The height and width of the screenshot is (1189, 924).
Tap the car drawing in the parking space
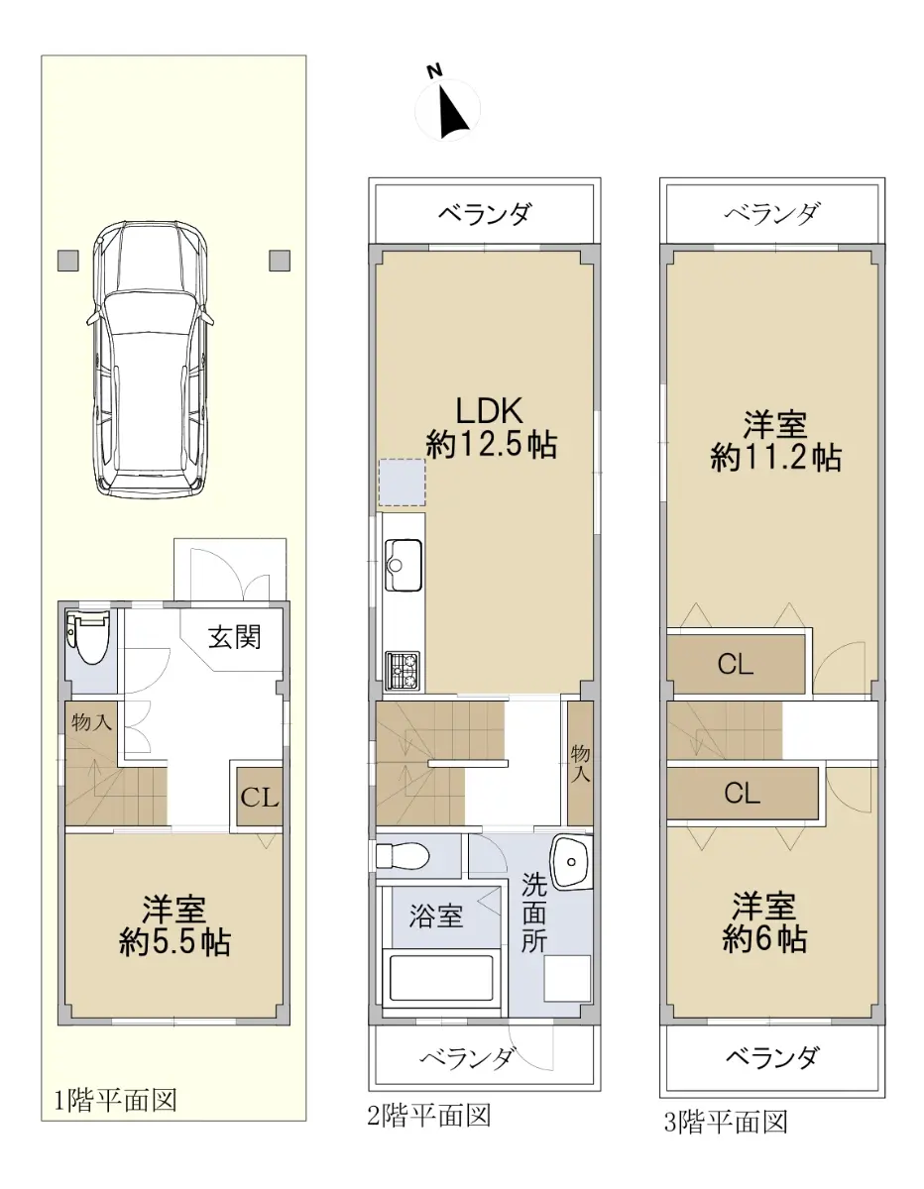[x=151, y=359]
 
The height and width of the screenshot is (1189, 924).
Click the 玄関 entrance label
[x=234, y=636]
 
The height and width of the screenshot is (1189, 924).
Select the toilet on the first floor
[x=87, y=637]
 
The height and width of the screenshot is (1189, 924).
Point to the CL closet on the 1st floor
[x=260, y=798]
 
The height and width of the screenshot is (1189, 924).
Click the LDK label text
[x=490, y=410]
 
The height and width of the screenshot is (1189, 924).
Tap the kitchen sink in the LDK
[x=404, y=565]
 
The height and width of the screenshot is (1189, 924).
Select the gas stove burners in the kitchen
[x=403, y=670]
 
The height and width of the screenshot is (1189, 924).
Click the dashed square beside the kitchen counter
[x=403, y=483]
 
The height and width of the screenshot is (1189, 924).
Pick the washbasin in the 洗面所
[x=571, y=862]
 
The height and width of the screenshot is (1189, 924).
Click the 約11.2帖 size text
[x=775, y=458]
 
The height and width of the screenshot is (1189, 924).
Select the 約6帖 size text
[x=764, y=939]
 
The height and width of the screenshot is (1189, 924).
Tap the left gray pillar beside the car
[x=68, y=261]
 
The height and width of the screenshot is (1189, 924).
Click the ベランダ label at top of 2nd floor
[x=485, y=213]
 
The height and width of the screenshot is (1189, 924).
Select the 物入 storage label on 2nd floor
[x=581, y=763]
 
